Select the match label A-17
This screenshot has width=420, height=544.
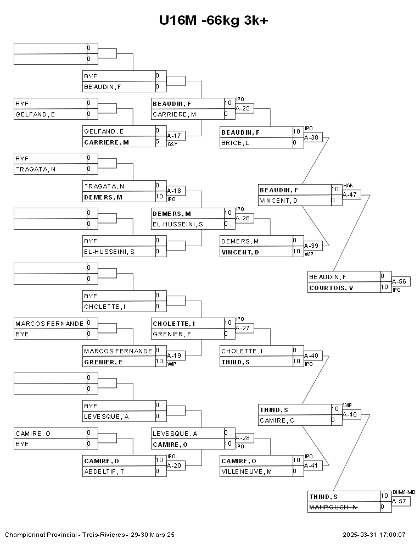click(173, 136)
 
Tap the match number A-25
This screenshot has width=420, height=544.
click(242, 108)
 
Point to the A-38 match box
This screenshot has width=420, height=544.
click(311, 137)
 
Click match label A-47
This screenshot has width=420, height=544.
click(350, 194)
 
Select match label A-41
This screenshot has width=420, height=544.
click(311, 466)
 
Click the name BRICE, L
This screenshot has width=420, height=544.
click(235, 143)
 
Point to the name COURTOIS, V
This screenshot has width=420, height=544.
click(331, 288)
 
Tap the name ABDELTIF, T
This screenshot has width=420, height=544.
click(104, 471)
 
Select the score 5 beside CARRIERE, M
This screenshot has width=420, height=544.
click(158, 142)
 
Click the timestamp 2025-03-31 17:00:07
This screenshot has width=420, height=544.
click(374, 534)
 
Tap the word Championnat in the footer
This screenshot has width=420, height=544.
click(23, 534)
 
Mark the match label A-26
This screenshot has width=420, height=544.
click(242, 218)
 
